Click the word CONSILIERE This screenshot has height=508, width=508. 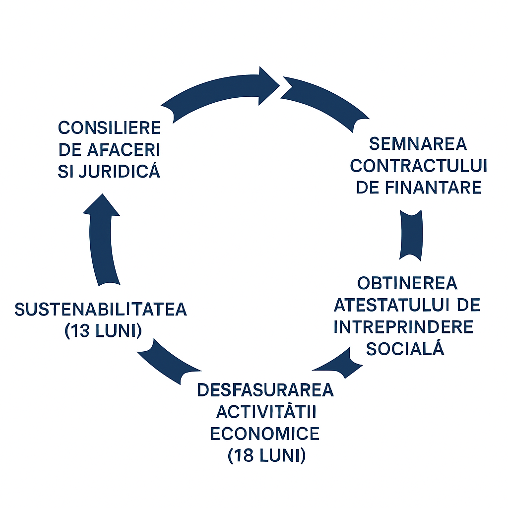click(110, 128)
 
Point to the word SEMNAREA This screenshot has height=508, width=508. click(419, 144)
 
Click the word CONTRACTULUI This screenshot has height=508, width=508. click(419, 166)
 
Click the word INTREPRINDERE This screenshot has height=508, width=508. click(403, 327)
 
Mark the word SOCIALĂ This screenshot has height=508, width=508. click(404, 349)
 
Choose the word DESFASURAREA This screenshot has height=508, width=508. click(265, 390)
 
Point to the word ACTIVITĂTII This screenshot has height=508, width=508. click(266, 412)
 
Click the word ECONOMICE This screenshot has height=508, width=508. click(265, 434)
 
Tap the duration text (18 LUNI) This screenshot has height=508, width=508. click(266, 455)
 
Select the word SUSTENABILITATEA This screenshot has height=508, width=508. click(101, 310)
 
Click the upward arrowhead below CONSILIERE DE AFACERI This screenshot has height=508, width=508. click(101, 205)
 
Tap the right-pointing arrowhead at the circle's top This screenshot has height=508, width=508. click(268, 85)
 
